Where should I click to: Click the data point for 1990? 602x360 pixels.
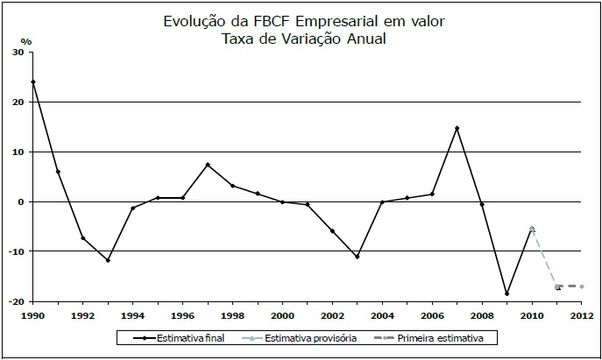tap(32, 82)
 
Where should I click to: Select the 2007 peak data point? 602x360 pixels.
tap(457, 129)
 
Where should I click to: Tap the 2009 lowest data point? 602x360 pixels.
tap(506, 293)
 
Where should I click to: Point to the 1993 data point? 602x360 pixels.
tap(108, 260)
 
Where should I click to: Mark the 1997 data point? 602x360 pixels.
tap(208, 165)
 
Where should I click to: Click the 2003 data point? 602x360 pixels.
tap(358, 257)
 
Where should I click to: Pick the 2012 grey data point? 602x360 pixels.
tap(581, 286)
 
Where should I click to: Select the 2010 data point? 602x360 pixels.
tap(531, 229)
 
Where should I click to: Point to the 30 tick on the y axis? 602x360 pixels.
tap(18, 53)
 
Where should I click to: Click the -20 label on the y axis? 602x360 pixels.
tap(15, 301)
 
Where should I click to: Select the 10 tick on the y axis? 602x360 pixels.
tap(18, 152)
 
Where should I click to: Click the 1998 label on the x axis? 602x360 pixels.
tap(232, 315)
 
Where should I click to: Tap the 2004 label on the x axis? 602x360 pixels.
tap(382, 315)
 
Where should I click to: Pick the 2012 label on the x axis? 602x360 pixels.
tap(582, 315)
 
